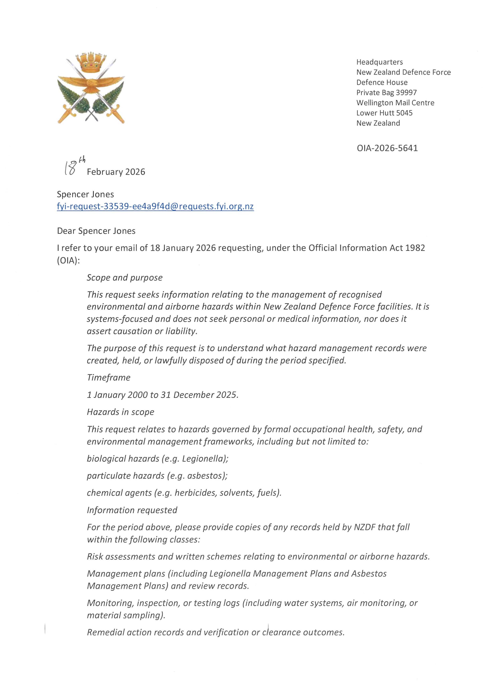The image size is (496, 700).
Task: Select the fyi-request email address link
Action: pyautogui.click(x=155, y=207)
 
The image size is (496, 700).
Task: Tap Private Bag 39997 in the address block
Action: pyautogui.click(x=386, y=92)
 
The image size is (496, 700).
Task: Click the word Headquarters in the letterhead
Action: pyautogui.click(x=379, y=62)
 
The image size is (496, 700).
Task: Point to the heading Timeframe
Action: pyautogui.click(x=109, y=378)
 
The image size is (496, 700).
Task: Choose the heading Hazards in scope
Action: pyautogui.click(x=121, y=412)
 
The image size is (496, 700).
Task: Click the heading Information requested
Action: pyautogui.click(x=132, y=510)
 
